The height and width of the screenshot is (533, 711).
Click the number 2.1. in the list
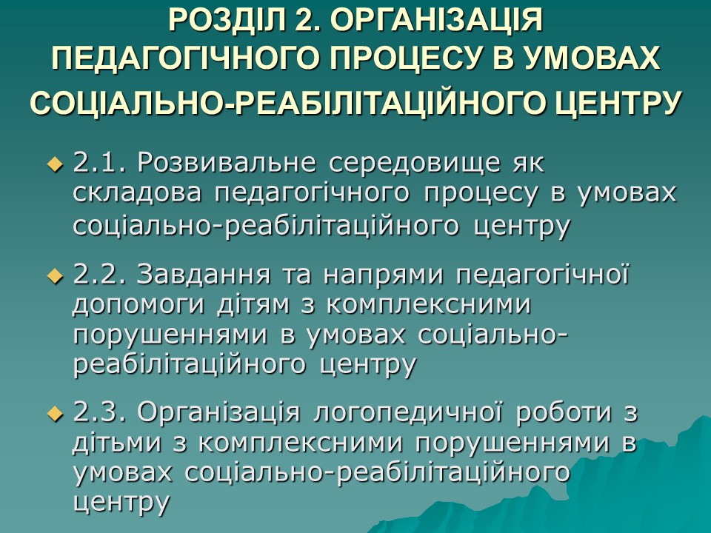coord(101,161)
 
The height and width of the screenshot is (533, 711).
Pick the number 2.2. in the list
coord(101,275)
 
